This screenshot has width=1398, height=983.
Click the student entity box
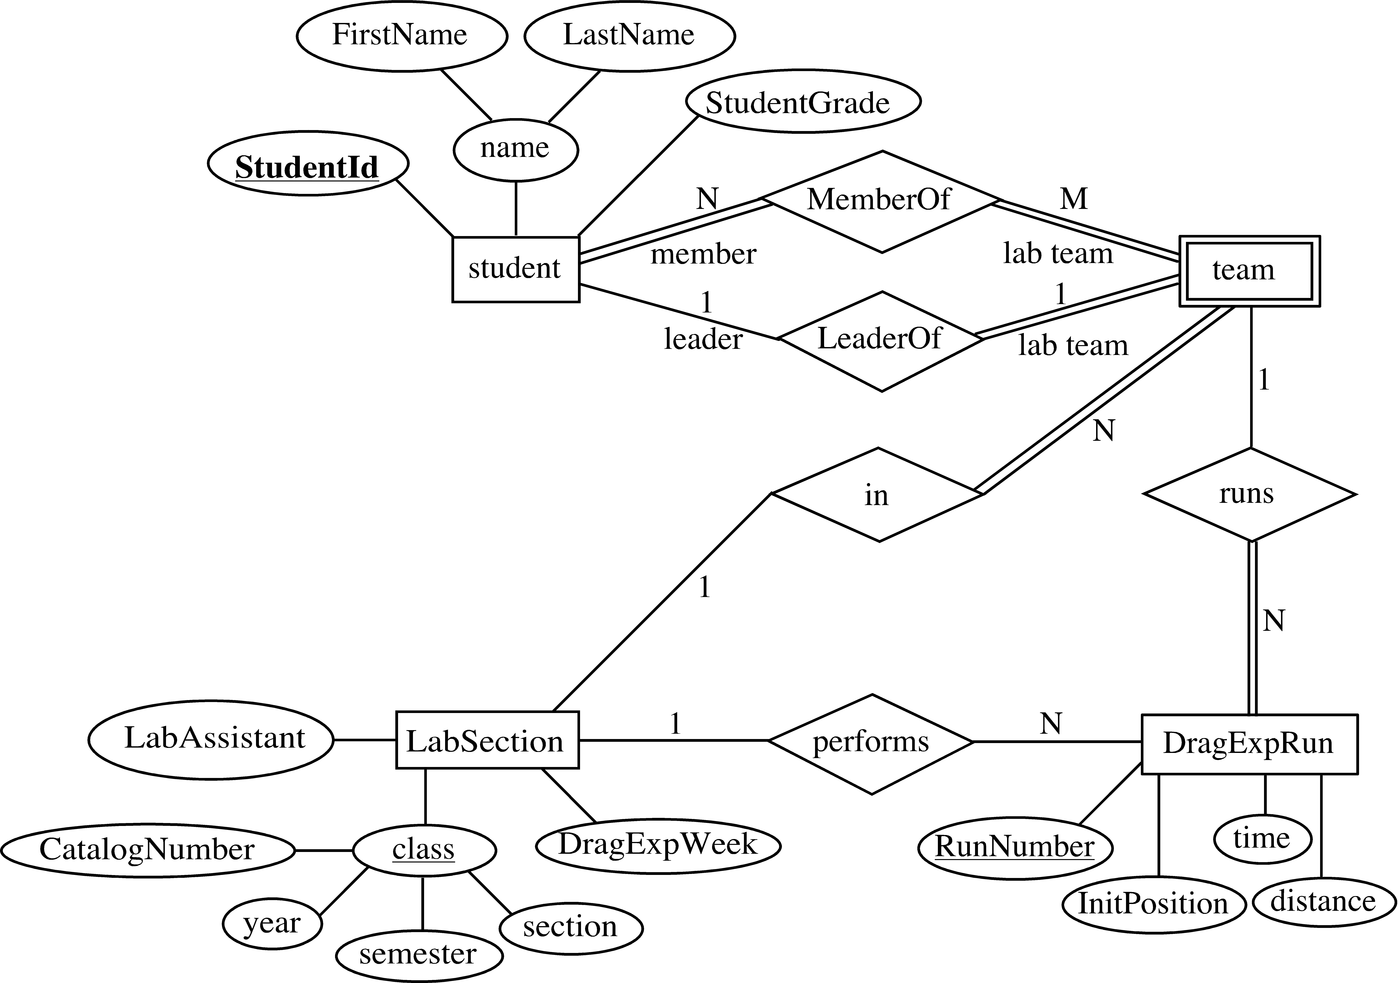[x=515, y=269]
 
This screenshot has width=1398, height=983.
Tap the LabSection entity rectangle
[x=486, y=740]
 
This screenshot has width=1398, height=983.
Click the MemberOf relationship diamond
[x=880, y=201]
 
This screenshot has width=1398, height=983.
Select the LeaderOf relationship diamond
[x=880, y=341]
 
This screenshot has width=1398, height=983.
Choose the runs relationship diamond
[x=1249, y=494]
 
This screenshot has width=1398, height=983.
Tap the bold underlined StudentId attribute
[x=308, y=166]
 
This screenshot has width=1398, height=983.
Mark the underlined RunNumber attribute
[x=1014, y=847]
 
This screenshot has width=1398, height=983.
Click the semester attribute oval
[x=419, y=954]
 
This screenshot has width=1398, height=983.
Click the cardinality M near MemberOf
[x=1073, y=198]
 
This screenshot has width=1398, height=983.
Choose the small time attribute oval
[x=1262, y=839]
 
